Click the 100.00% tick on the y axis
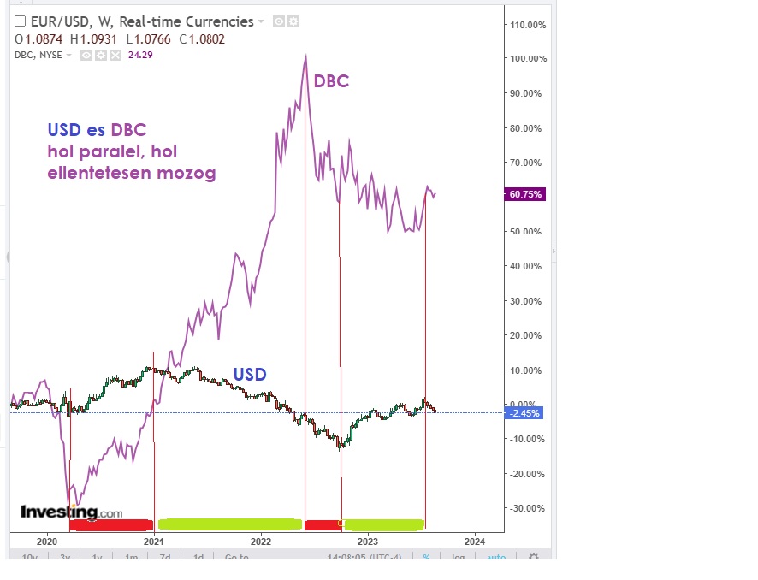pos(528,59)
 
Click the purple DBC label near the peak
pos(331,82)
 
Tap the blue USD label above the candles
pos(250,375)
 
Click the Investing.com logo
pos(72,512)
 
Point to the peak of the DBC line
pos(305,56)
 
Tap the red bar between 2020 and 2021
pos(111,524)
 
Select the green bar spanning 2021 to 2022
pos(229,524)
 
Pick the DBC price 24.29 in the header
pos(140,55)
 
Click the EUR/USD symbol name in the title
pos(60,21)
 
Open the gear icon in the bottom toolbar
pos(534,558)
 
